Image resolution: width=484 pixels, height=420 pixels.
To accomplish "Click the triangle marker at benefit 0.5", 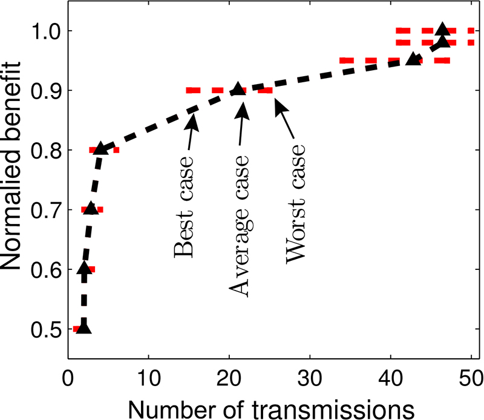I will pyautogui.click(x=83, y=328).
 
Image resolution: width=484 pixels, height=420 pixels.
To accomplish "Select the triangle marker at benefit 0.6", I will pyautogui.click(x=85, y=268).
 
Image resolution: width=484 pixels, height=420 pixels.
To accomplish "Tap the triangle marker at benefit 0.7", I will pyautogui.click(x=91, y=208).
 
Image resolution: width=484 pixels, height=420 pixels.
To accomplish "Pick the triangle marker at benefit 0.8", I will pyautogui.click(x=100, y=148).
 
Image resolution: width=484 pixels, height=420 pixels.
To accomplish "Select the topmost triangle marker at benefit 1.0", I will pyautogui.click(x=442, y=29).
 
